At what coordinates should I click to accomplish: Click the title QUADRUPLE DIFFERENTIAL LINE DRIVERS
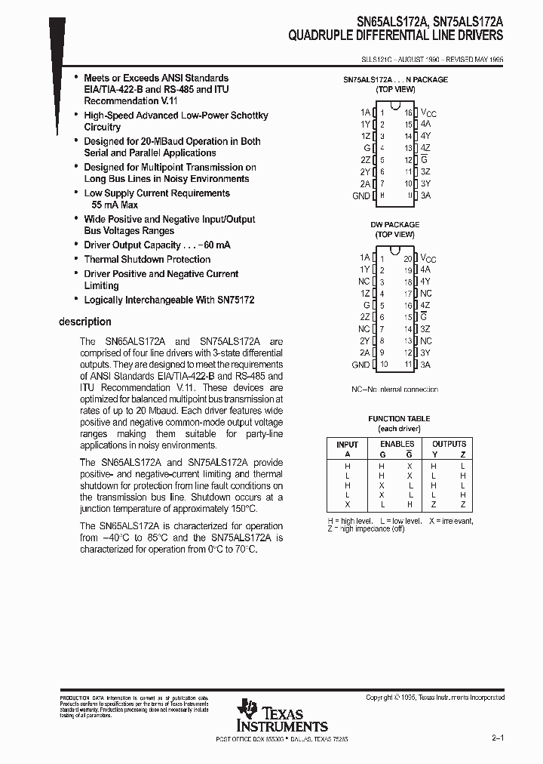pos(396,35)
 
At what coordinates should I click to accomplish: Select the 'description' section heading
pos(86,322)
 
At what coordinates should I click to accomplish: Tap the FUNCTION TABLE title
pos(399,418)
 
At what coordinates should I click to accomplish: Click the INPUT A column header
pos(347,449)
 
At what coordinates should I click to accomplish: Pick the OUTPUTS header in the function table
pos(449,444)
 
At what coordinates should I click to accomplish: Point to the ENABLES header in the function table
pos(397,444)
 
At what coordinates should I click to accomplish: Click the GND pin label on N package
pos(361,196)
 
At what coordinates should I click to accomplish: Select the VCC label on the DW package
pos(428,258)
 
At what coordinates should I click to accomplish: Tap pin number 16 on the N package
pos(408,112)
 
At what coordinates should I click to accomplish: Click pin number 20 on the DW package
pos(408,257)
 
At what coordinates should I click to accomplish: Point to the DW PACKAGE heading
pos(395,224)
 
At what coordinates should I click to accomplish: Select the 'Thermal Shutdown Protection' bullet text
pos(147,260)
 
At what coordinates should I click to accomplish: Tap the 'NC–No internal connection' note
pos(394,389)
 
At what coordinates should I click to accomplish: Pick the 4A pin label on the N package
pos(426,123)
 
